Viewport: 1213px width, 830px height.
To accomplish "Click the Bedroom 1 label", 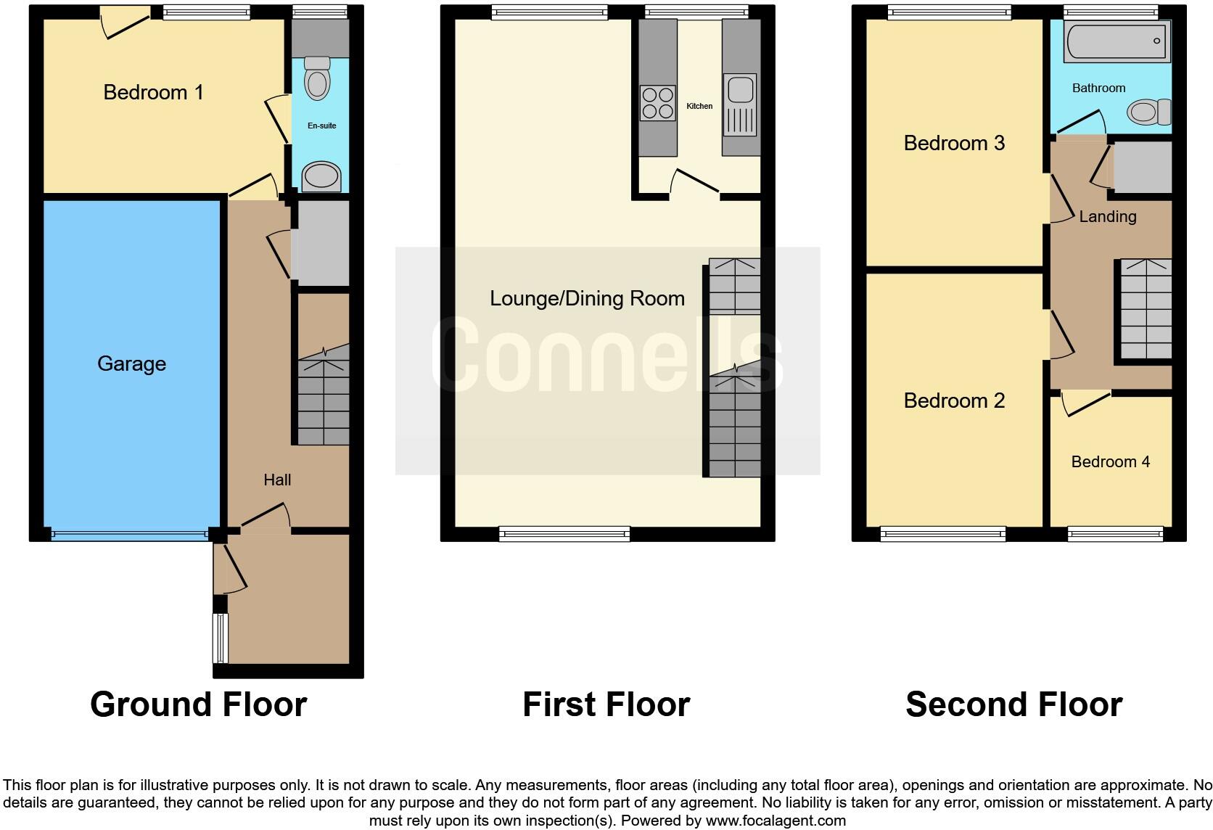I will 153,92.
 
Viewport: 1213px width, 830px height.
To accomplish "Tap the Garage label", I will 131,363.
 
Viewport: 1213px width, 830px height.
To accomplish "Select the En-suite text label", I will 321,126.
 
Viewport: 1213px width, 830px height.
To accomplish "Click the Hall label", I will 277,480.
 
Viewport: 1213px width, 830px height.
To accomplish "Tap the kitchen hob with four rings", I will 657,103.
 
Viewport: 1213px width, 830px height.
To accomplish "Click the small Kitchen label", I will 699,106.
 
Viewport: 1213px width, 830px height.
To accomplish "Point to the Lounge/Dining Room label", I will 587,298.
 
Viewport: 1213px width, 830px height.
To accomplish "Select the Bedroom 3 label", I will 954,143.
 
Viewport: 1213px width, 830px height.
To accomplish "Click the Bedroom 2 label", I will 954,400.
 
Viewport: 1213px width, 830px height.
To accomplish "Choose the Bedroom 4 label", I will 1110,461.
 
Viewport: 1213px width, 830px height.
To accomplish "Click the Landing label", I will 1107,216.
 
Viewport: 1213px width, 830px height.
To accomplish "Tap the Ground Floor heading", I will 198,704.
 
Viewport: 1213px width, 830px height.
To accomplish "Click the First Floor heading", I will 606,704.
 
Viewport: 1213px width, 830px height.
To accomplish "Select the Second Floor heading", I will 1013,704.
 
